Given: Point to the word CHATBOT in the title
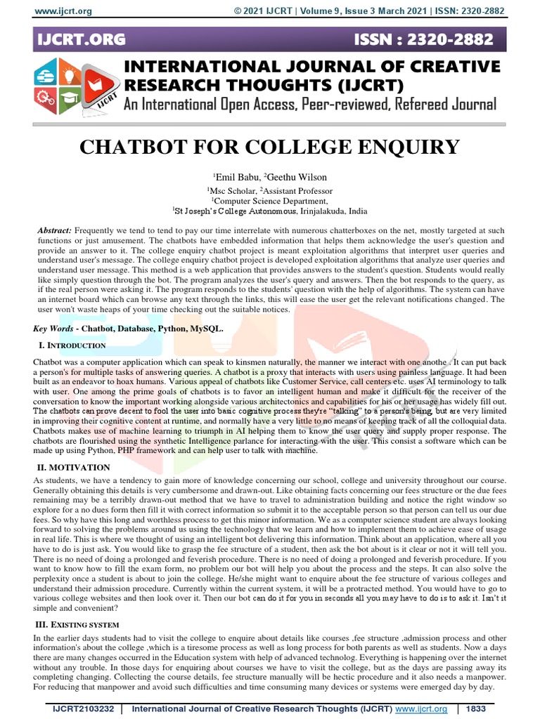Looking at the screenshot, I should click(x=139, y=148).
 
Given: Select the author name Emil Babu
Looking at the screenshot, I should click(x=236, y=177).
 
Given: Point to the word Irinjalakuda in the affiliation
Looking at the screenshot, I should click(x=321, y=211).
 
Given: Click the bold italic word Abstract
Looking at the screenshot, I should click(x=54, y=230).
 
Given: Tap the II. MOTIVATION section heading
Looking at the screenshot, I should click(x=73, y=467).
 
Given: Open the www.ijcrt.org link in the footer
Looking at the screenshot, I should click(x=420, y=710).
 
